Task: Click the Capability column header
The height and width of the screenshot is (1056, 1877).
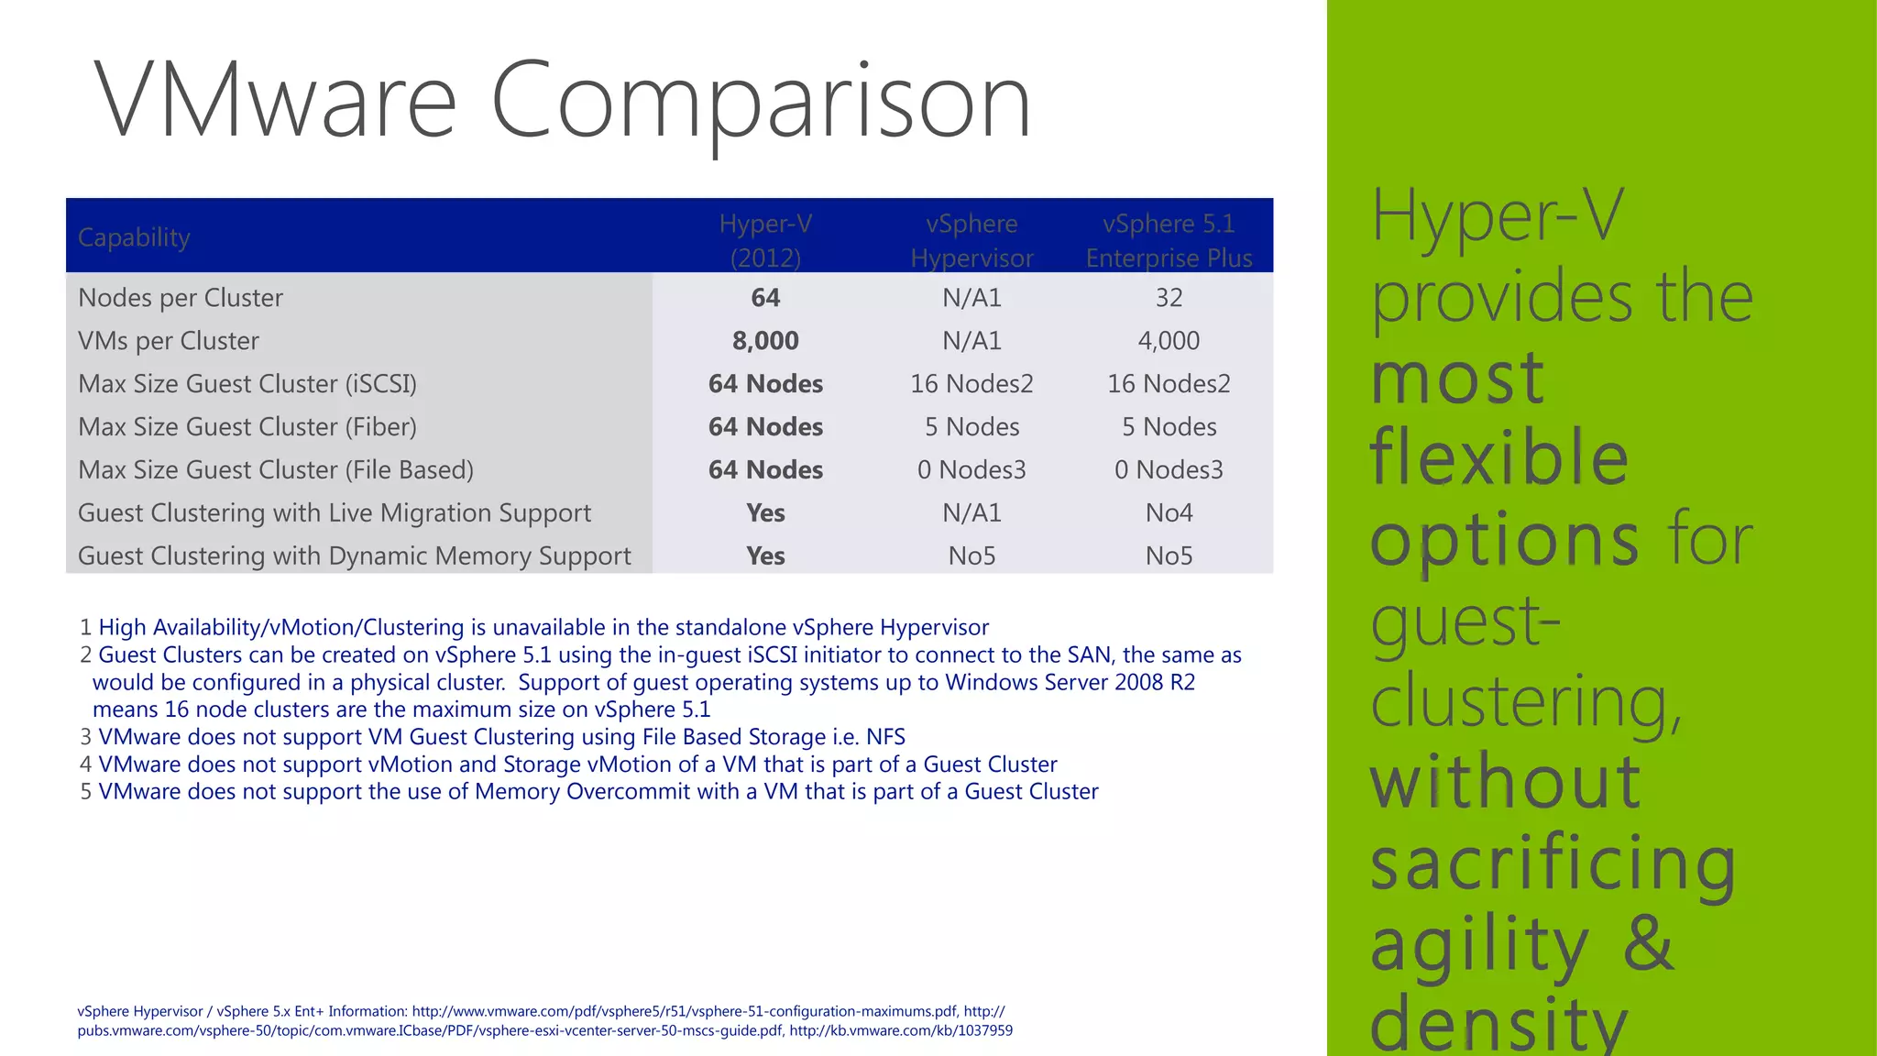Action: coord(134,237)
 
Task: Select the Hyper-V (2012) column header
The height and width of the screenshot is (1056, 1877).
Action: coord(765,240)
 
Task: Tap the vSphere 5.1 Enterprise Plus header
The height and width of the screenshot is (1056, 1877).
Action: coord(1169,240)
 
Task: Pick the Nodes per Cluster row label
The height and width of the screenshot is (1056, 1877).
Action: coord(181,298)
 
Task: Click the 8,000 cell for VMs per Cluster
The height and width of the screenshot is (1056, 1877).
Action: coord(765,341)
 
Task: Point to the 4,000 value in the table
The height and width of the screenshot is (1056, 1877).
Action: coord(1169,341)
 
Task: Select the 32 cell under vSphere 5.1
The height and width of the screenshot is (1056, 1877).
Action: coord(1169,298)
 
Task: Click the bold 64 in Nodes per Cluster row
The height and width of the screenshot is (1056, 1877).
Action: coord(765,298)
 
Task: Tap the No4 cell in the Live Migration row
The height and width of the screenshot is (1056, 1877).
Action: coord(1169,513)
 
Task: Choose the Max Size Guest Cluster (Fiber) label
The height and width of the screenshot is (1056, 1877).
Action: coord(247,427)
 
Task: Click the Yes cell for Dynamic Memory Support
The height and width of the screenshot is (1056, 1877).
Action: coord(765,556)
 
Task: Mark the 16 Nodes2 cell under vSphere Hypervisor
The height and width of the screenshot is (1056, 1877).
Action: coord(971,384)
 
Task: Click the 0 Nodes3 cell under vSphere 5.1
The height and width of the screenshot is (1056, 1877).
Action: coord(1169,470)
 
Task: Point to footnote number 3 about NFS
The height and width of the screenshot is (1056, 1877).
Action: coord(86,737)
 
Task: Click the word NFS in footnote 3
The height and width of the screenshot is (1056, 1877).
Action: coord(885,737)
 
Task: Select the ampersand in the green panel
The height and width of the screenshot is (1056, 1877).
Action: coord(1648,944)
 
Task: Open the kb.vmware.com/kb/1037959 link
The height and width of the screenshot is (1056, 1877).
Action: coord(900,1030)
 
